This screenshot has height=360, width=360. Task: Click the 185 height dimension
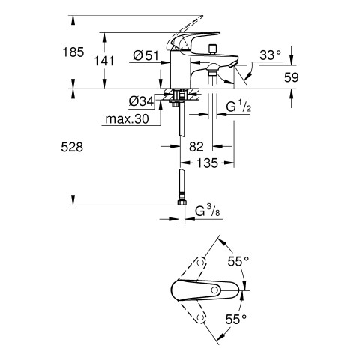(73, 52)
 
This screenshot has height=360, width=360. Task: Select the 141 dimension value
(103, 61)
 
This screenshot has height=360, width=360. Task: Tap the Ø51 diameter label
(146, 55)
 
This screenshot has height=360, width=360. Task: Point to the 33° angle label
(270, 55)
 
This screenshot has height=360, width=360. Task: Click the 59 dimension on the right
(291, 77)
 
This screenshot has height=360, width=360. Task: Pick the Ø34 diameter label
(141, 101)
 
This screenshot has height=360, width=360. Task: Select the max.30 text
(127, 119)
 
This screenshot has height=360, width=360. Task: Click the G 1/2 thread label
(238, 107)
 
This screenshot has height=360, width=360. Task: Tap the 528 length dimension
(72, 147)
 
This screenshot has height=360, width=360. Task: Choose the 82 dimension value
(196, 147)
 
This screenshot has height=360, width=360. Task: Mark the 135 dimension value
(208, 163)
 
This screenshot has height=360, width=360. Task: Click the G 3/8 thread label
(208, 211)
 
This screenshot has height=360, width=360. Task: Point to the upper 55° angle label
(238, 262)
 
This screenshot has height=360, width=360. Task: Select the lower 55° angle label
(236, 319)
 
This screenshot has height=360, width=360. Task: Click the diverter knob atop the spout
(213, 49)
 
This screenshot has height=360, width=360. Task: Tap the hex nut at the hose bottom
(181, 202)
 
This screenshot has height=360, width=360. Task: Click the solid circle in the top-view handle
(214, 290)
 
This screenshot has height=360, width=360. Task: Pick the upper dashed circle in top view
(200, 262)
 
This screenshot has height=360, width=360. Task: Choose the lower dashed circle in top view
(200, 318)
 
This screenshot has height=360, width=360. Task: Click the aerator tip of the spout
(232, 64)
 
